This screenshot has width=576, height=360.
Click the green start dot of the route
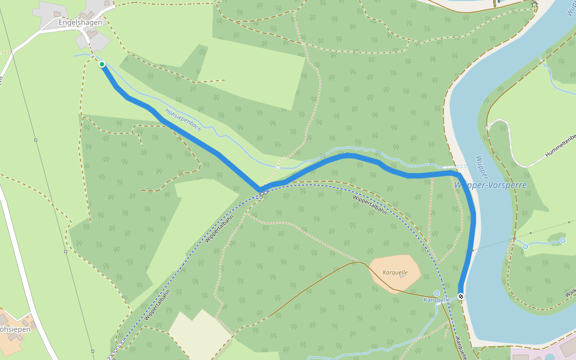(102, 64)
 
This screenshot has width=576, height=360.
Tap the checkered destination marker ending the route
(461, 296)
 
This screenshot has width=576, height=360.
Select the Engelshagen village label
(80, 22)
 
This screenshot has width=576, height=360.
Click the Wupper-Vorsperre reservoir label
(491, 185)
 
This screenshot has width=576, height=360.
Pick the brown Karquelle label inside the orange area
(395, 272)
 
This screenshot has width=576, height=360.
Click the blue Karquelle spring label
(437, 299)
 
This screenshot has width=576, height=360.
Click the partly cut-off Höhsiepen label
(14, 329)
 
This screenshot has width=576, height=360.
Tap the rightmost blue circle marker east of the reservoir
(563, 241)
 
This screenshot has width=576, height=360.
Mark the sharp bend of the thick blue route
(260, 190)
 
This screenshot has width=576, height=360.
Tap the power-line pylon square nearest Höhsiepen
(92, 351)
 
